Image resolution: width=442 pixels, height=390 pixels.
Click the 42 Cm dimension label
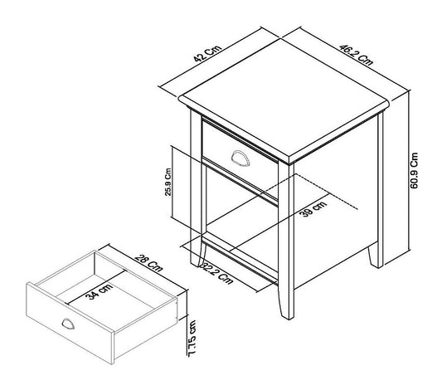click(x=208, y=53)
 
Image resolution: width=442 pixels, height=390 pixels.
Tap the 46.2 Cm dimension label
click(x=356, y=55)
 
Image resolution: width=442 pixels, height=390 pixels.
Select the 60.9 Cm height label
click(x=414, y=171)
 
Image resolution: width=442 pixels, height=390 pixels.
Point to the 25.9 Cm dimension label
click(x=168, y=182)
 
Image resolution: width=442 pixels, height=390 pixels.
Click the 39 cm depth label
click(x=313, y=208)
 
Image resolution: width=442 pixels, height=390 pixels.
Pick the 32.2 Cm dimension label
click(x=216, y=274)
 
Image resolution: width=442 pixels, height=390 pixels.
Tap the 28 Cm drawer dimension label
click(x=148, y=263)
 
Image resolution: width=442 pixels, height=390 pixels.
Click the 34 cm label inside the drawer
click(x=100, y=291)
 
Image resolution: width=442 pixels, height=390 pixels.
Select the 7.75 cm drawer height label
click(x=192, y=339)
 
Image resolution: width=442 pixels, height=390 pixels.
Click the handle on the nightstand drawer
click(x=240, y=158)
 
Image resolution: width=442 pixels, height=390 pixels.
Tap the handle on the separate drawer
click(x=68, y=324)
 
